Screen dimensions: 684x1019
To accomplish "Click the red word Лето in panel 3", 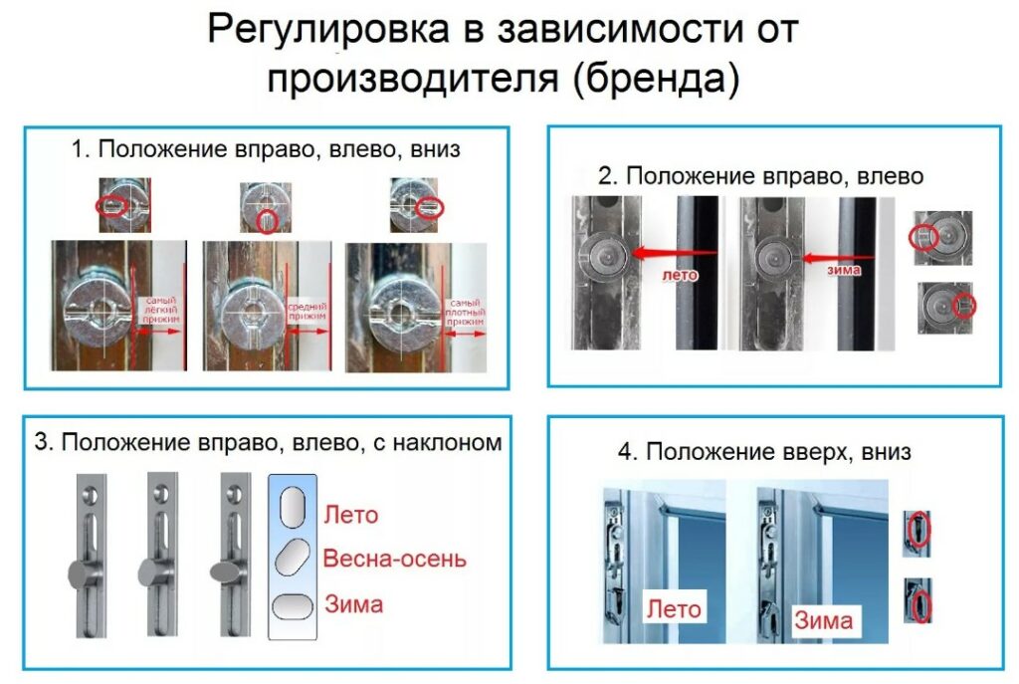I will tap(350, 515).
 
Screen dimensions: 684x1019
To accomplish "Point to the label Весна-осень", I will tap(394, 559).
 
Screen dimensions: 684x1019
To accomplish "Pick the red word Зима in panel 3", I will tap(353, 603).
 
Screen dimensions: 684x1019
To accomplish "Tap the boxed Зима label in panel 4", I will tap(823, 619).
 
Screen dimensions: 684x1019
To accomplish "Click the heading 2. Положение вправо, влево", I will tap(761, 176).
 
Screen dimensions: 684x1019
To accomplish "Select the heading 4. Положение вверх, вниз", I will tap(763, 451).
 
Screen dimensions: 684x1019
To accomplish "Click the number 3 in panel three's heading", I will tap(41, 442).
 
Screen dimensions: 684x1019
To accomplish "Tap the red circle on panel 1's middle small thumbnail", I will tap(266, 221).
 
